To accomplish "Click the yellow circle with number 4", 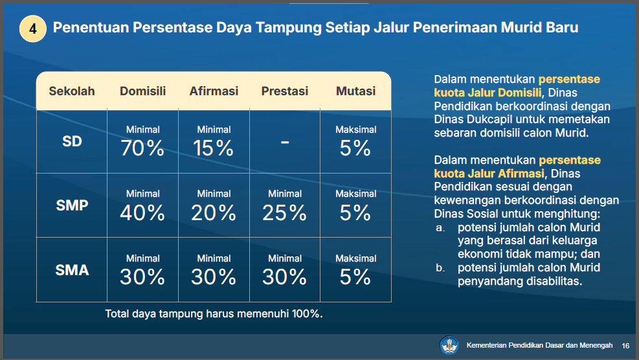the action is click(x=32, y=28).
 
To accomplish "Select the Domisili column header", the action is click(x=142, y=91).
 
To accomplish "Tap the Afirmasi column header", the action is click(x=214, y=91).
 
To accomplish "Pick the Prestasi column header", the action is click(x=284, y=91).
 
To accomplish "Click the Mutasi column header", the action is click(x=355, y=91).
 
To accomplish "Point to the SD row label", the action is click(x=72, y=141).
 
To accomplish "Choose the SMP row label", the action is click(x=72, y=205).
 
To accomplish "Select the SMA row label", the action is click(x=72, y=270).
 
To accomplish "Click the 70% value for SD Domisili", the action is click(x=142, y=148).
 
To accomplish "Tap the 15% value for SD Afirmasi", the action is click(x=213, y=148).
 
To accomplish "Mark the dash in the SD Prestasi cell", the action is click(x=285, y=142).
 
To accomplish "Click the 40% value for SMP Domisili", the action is click(x=142, y=212).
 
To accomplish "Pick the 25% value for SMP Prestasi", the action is click(x=284, y=212).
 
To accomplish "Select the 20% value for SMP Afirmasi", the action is click(x=214, y=212).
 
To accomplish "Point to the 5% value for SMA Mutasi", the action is click(x=355, y=277).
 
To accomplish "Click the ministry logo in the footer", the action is click(x=449, y=345).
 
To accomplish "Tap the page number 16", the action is click(x=625, y=346).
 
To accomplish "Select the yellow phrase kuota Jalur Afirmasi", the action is click(x=489, y=174).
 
